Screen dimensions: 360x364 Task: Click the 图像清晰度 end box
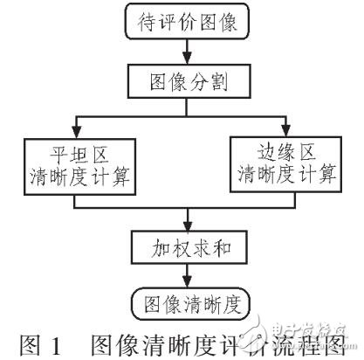[184, 305]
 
